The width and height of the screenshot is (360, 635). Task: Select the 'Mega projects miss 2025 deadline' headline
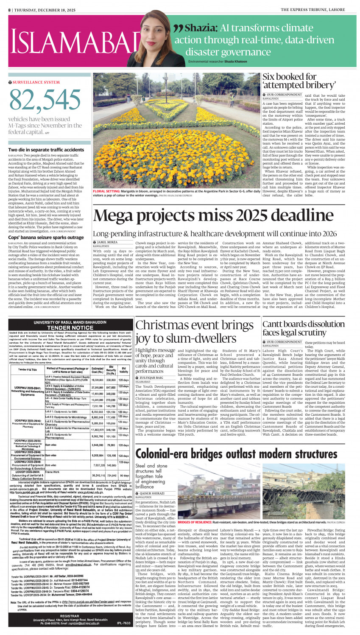[x=197, y=217]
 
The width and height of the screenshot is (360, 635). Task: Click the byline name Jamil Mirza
[x=108, y=242]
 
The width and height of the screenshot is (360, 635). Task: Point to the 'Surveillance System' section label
[x=36, y=82]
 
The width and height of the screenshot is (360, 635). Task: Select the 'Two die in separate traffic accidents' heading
[x=46, y=150]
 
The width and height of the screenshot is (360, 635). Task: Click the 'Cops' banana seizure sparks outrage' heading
[x=46, y=238]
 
